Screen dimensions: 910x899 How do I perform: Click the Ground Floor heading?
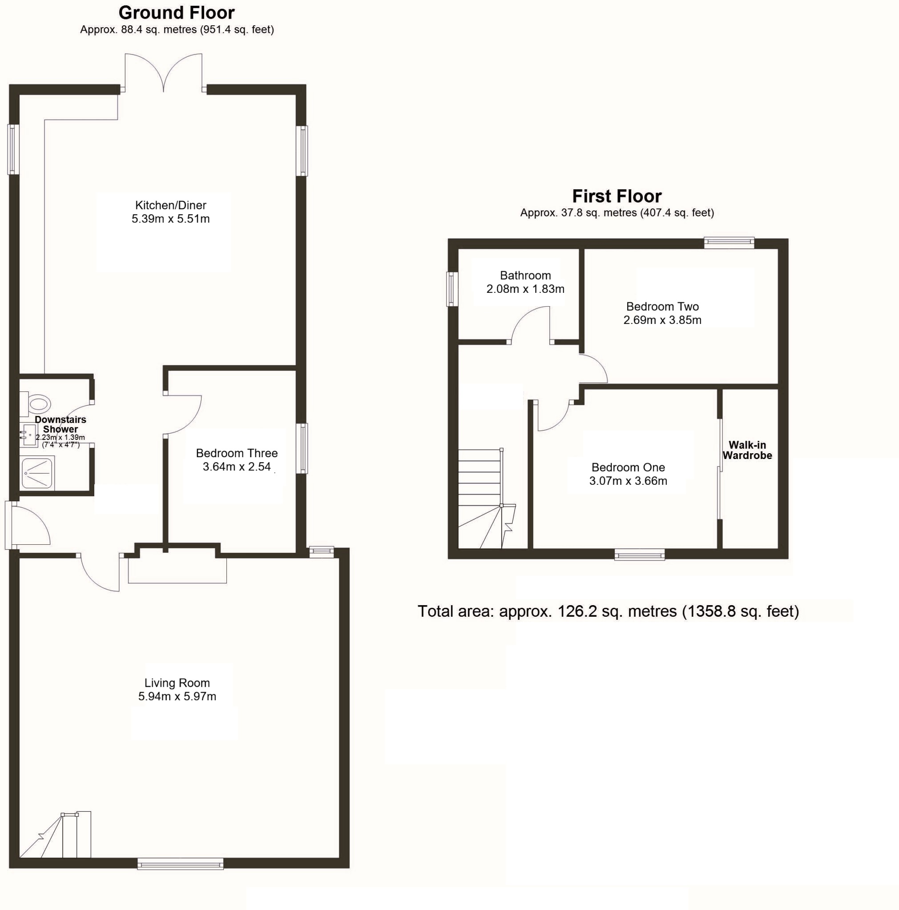176,13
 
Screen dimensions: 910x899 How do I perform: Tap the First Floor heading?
617,196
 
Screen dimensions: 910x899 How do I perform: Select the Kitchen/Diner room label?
171,205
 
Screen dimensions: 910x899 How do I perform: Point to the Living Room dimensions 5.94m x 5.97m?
177,696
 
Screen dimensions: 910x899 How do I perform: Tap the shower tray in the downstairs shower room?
37,473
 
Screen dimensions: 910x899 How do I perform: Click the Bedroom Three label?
237,453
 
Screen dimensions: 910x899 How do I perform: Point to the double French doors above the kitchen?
163,73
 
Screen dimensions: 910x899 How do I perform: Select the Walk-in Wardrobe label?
747,450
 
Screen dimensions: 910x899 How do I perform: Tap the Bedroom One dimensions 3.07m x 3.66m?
628,481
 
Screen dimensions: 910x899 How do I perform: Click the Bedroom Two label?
662,307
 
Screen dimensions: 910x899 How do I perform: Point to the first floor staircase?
483,499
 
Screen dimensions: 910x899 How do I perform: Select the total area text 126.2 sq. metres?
608,611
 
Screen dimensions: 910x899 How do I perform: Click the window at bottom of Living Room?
180,863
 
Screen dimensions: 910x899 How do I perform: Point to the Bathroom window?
452,289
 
